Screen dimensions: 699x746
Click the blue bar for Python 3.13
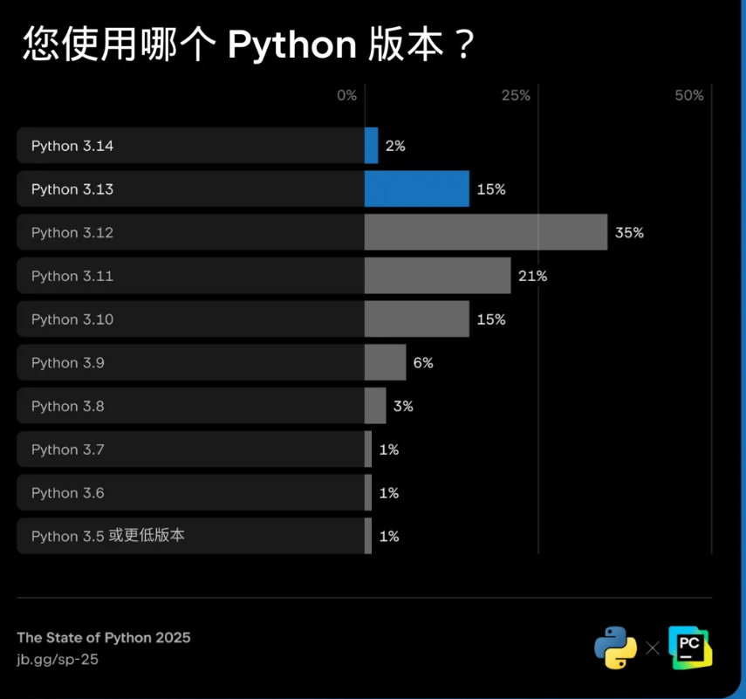coord(416,189)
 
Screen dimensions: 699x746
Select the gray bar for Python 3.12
coord(485,233)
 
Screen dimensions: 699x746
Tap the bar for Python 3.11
coord(437,276)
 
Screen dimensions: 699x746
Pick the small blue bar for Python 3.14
coord(371,146)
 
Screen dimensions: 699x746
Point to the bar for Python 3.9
coord(385,363)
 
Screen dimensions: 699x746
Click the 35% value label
coord(628,233)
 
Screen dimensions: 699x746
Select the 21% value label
coord(532,276)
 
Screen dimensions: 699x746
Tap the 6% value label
coord(423,363)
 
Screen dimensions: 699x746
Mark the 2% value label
coord(395,146)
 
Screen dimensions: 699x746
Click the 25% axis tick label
coord(516,95)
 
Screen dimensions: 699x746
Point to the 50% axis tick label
coord(689,95)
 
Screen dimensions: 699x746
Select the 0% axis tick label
coord(347,95)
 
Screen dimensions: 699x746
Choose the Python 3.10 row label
coord(72,319)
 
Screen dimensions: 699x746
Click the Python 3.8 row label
coord(68,407)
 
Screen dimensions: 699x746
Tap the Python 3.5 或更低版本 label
coord(107,536)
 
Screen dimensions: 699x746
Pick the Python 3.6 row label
coord(68,493)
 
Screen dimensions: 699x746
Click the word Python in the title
coord(291,45)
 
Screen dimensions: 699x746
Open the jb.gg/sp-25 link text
coord(58,660)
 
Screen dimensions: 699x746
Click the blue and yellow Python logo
coord(616,648)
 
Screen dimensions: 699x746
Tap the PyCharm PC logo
coord(690,648)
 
